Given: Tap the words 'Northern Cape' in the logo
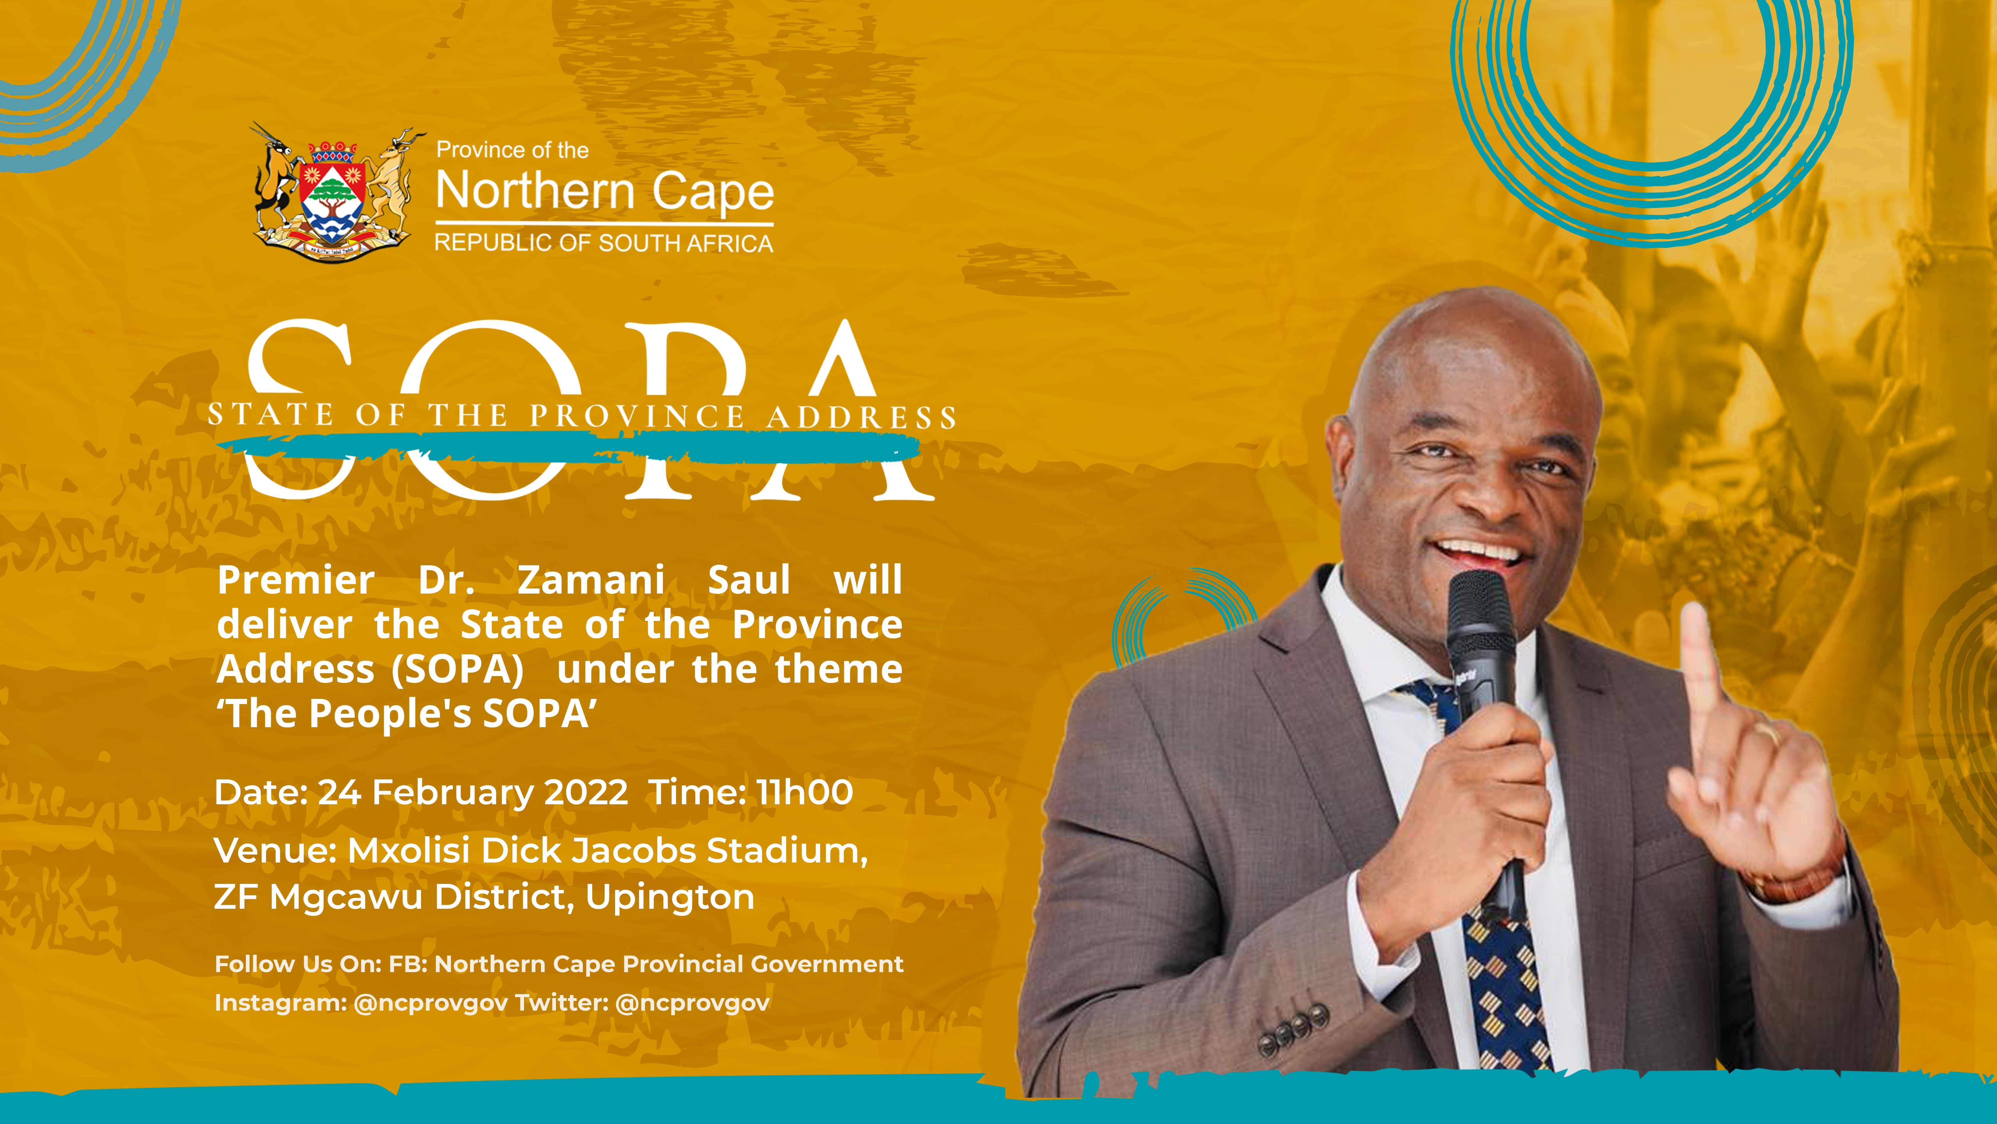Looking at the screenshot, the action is tap(605, 191).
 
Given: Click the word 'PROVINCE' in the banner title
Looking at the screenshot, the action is tap(637, 417).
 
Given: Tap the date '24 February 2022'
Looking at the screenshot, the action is tap(473, 792).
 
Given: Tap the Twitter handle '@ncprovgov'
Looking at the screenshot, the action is tap(692, 1003).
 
